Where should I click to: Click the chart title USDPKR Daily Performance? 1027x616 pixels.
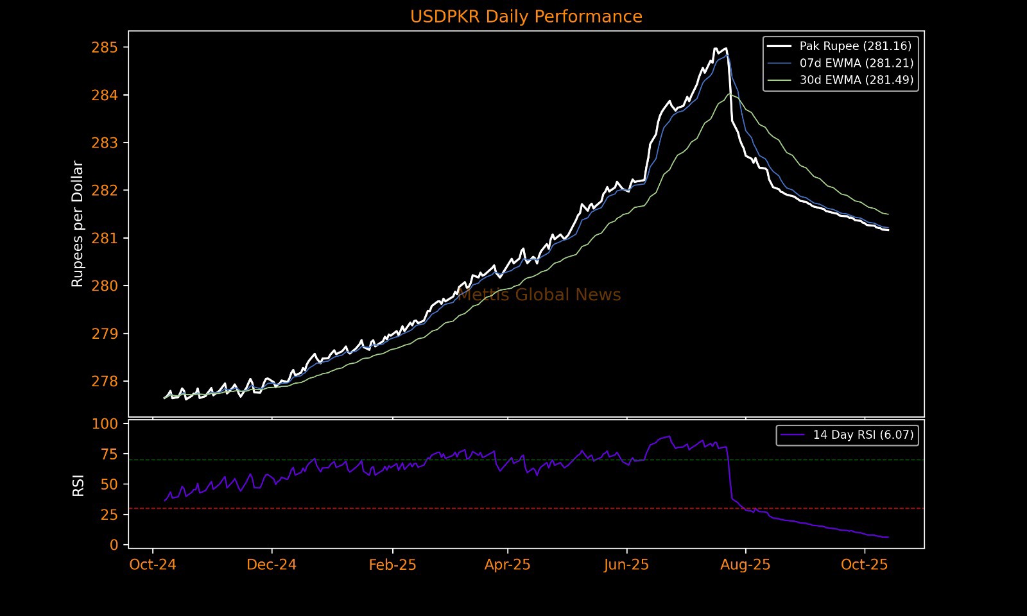pyautogui.click(x=526, y=17)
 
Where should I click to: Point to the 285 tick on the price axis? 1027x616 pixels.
pyautogui.click(x=105, y=47)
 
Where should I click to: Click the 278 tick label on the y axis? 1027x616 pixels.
pyautogui.click(x=105, y=382)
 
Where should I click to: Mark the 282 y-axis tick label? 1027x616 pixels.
pyautogui.click(x=105, y=191)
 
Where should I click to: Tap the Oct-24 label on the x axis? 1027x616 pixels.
pyautogui.click(x=153, y=565)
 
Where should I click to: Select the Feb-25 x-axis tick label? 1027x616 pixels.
pyautogui.click(x=392, y=565)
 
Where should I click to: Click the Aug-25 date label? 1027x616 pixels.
pyautogui.click(x=745, y=565)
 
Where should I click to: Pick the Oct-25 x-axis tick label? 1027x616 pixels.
pyautogui.click(x=864, y=565)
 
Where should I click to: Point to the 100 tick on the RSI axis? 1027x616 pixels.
pyautogui.click(x=105, y=424)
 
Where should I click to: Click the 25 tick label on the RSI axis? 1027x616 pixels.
pyautogui.click(x=110, y=515)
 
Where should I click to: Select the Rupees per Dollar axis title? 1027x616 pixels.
pyautogui.click(x=78, y=224)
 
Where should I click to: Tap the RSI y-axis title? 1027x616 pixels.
pyautogui.click(x=78, y=486)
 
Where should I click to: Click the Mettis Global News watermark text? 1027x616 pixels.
pyautogui.click(x=539, y=295)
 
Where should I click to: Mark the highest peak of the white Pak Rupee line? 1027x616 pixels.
pyautogui.click(x=715, y=48)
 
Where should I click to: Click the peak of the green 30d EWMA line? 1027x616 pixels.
pyautogui.click(x=729, y=94)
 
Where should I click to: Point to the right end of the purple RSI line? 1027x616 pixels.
pyautogui.click(x=888, y=537)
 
